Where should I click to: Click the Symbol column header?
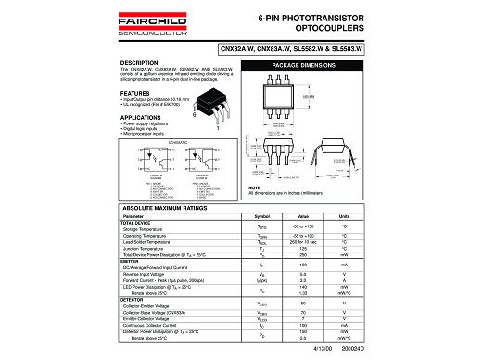tap(261, 216)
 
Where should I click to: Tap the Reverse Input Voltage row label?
tap(153, 273)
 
